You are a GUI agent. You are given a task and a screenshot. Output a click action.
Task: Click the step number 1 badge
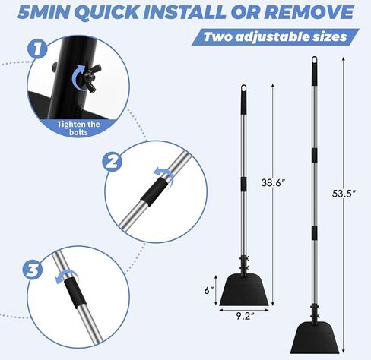coord(37,49)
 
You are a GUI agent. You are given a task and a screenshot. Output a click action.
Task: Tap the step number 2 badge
coord(112,162)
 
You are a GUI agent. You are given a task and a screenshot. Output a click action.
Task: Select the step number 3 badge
coord(33,270)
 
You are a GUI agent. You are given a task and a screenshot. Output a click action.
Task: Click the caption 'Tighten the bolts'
coord(78,128)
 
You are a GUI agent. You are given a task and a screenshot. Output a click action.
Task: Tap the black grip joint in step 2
coord(154,192)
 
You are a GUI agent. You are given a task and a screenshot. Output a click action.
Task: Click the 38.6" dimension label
coord(273,182)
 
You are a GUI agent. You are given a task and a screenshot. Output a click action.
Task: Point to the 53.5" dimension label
coord(344,194)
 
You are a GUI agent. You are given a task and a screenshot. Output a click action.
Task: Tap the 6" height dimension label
coord(209,290)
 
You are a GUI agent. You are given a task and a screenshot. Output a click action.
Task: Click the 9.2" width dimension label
coord(245,316)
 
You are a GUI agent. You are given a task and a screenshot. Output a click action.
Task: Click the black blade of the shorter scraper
coord(244,290)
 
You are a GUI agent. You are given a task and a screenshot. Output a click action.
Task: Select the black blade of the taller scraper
coord(315,338)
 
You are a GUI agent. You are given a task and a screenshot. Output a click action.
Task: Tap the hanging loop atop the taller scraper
coord(314,61)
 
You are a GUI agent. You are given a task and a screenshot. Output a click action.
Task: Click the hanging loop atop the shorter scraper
coord(243,89)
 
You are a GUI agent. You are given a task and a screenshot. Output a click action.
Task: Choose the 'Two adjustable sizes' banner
coord(275,37)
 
